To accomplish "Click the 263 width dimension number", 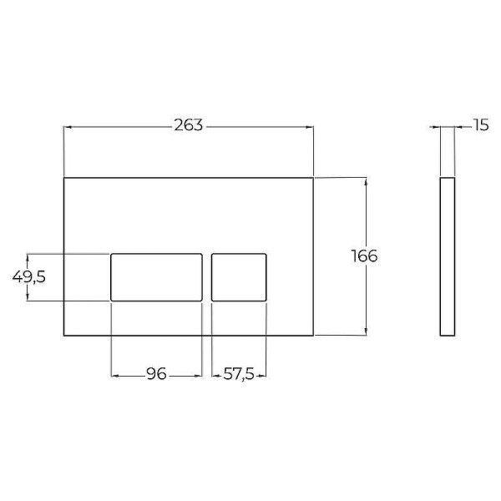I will [x=188, y=126].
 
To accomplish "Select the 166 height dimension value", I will [x=364, y=256].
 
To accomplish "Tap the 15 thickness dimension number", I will [x=480, y=126].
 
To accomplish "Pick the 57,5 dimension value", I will [x=239, y=375].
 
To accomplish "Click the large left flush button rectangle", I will [x=157, y=276].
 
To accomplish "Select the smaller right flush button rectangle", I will [x=240, y=276].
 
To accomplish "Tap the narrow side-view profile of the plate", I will [x=447, y=256].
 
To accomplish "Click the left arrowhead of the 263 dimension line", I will [x=68, y=127].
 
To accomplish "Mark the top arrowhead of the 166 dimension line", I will [x=365, y=181].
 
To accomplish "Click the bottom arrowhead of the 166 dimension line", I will [x=365, y=331].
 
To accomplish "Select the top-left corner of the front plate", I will [x=64, y=178].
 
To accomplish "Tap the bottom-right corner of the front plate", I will [x=313, y=336].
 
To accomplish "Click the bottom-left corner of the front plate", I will [x=64, y=336].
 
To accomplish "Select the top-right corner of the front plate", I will [x=313, y=178].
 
